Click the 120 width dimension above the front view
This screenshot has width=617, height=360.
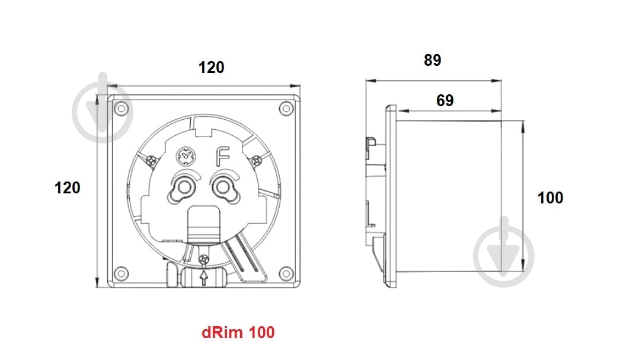[211, 68]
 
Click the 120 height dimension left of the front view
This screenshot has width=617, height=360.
[68, 188]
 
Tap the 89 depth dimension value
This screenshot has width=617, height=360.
[432, 60]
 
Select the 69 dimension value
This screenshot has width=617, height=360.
[445, 100]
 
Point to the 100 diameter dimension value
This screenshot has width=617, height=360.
[550, 197]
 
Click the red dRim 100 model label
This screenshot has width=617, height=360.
[238, 332]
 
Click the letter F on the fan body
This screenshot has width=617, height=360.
[222, 157]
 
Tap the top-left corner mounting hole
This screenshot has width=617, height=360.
[121, 109]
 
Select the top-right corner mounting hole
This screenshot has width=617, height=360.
[286, 109]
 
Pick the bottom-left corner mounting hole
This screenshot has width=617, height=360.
[121, 273]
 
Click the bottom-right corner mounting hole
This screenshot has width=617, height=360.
[286, 273]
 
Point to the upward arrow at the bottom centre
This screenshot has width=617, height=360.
[204, 278]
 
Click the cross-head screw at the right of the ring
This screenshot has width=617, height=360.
[256, 160]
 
